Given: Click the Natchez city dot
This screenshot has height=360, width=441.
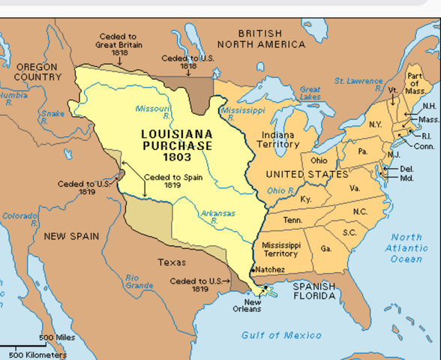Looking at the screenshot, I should (x=252, y=268).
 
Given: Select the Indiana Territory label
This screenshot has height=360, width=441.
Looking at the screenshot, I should (x=278, y=139).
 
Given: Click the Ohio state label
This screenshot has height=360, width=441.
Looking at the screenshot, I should (x=319, y=160).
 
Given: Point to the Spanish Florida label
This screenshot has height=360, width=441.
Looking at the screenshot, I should (x=314, y=291).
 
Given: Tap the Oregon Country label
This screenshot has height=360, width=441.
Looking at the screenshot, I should (x=37, y=72).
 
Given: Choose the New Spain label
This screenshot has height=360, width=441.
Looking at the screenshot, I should (x=70, y=236).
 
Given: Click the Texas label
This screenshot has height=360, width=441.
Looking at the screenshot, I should (x=172, y=262).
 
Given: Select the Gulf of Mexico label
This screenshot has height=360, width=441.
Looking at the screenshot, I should (x=281, y=335).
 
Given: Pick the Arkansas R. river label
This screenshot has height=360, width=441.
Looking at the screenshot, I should (x=217, y=217).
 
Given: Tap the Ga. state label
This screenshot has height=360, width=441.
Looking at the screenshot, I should (x=325, y=248).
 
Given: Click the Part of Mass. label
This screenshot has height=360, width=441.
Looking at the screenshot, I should (x=415, y=82).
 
